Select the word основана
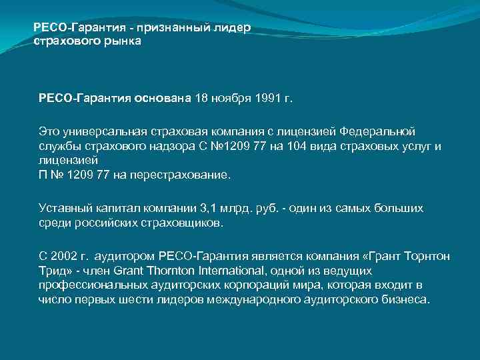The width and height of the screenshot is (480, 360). coord(162,99)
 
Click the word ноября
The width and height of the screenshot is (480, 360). coord(231,99)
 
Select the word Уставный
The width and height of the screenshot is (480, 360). coord(63,208)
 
